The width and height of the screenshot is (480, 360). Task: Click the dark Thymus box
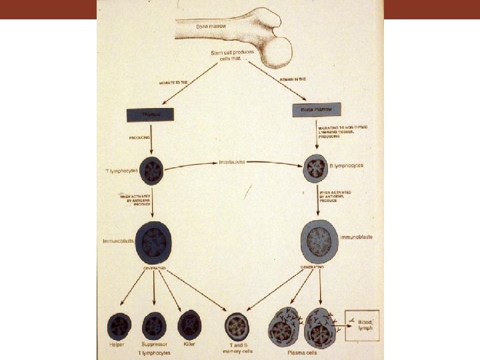[150, 115]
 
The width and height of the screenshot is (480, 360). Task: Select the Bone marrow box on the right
[317, 109]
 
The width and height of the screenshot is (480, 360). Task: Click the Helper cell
[119, 327]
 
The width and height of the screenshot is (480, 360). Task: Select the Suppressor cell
[154, 326]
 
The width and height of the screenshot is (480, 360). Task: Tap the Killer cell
[189, 325]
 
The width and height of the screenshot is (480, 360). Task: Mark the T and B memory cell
[237, 326]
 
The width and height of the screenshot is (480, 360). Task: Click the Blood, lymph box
[361, 325]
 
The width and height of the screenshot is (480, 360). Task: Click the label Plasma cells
[297, 354]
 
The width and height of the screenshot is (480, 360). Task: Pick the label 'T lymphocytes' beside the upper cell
[121, 171]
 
